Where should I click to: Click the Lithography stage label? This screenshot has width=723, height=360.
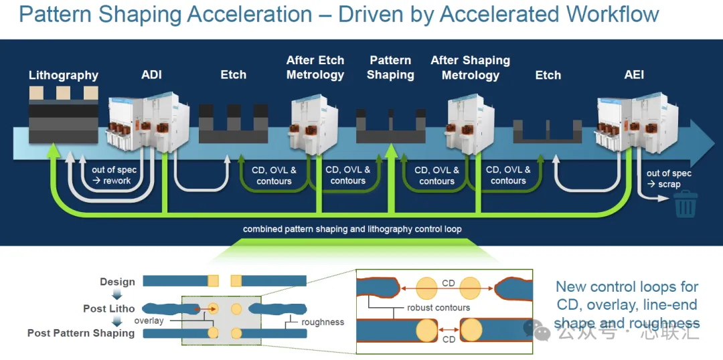tap(64, 75)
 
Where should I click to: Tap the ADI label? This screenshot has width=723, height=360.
tap(152, 75)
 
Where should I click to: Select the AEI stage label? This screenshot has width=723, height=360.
tap(634, 75)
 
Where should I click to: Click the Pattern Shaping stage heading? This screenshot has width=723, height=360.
tap(390, 68)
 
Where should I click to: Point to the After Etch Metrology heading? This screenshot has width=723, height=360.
tap(315, 68)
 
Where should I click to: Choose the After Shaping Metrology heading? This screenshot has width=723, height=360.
tap(471, 68)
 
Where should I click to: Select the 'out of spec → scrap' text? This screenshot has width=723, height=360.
tap(669, 179)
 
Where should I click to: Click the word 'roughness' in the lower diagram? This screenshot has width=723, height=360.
tap(323, 322)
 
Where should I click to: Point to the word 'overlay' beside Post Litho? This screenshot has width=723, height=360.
tap(149, 320)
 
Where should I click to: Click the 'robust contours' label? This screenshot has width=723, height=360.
tap(438, 307)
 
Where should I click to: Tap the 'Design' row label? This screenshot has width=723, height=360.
tap(118, 282)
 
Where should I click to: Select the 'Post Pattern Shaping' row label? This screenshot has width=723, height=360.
tap(81, 333)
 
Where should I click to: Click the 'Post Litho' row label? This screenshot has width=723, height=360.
tap(109, 308)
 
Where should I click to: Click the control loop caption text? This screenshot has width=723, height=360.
tap(352, 229)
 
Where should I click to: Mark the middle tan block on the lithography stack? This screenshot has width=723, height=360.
tap(64, 93)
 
